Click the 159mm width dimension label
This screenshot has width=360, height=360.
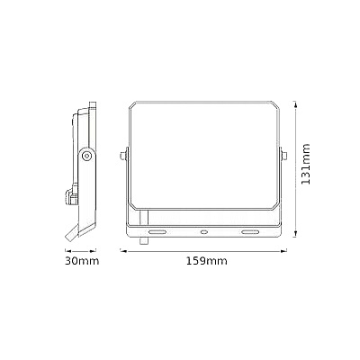(x=205, y=261)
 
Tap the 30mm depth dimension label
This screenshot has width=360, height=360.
(x=81, y=261)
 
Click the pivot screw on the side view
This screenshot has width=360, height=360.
(x=86, y=156)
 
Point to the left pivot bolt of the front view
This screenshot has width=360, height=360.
(x=123, y=156)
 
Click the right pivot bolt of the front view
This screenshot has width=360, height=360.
(x=286, y=156)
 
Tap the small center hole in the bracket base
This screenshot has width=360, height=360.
(x=204, y=232)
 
